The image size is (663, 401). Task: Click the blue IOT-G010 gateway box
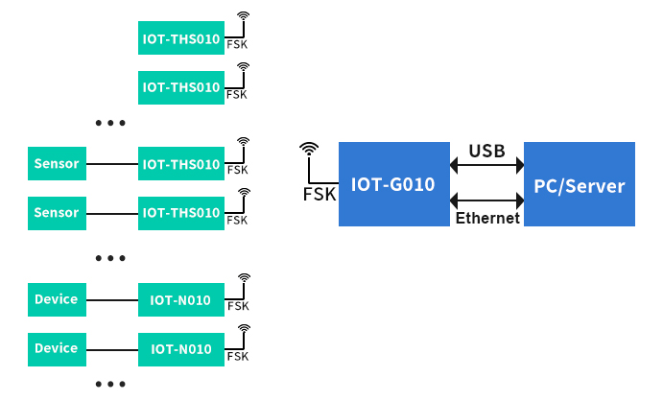click(393, 184)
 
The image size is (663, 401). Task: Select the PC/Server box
click(579, 184)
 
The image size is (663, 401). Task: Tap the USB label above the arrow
click(486, 152)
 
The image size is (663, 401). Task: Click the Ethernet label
click(487, 219)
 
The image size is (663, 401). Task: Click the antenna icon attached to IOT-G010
click(308, 150)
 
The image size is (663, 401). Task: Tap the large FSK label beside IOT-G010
click(320, 194)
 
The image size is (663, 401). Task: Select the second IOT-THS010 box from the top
click(181, 86)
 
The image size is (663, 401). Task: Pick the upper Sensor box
click(57, 163)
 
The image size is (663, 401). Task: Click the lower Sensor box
click(57, 212)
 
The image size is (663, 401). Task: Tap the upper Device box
click(57, 299)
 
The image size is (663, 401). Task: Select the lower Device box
click(57, 348)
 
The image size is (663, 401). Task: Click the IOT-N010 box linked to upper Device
click(181, 299)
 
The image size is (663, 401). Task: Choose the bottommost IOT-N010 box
click(181, 349)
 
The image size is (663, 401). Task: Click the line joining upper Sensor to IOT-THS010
click(112, 164)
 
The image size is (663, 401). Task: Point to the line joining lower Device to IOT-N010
click(112, 349)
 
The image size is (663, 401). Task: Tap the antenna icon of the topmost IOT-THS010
click(244, 17)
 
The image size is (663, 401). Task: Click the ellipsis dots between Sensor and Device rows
click(111, 258)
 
